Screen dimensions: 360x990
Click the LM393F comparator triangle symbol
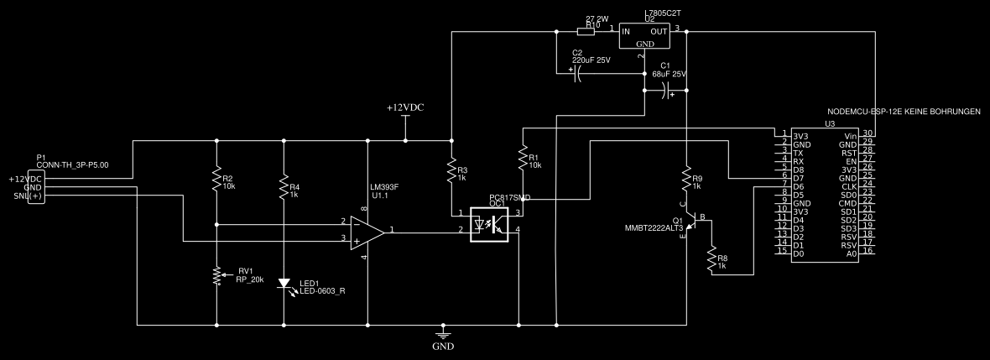tap(367, 231)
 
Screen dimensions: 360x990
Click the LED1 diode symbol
tap(284, 284)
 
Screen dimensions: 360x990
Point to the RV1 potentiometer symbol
tap(217, 274)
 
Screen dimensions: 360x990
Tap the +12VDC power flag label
tap(405, 108)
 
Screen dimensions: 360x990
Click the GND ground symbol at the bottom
tap(443, 332)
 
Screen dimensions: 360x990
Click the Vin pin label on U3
tap(852, 135)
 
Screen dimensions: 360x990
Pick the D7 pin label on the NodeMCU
tap(798, 178)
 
